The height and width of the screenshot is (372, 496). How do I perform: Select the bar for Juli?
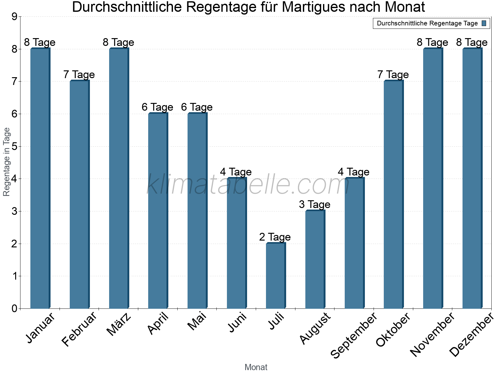click(x=276, y=276)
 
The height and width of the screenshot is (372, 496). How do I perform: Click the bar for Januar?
click(x=40, y=178)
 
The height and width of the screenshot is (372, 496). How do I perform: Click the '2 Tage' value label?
click(x=275, y=237)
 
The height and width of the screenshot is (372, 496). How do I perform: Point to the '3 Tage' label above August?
click(x=315, y=205)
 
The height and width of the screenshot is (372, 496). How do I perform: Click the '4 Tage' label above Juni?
click(x=236, y=172)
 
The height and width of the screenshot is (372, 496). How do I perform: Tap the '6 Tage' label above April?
click(x=157, y=107)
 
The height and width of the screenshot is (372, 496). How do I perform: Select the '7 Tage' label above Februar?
click(x=79, y=75)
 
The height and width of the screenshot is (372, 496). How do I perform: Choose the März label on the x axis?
click(x=119, y=325)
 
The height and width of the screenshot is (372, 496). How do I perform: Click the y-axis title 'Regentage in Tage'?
click(x=7, y=162)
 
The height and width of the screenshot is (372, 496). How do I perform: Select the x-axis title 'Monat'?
click(x=256, y=367)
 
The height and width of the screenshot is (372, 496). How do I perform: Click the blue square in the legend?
click(x=484, y=23)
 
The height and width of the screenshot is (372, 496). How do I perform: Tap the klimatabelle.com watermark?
click(x=248, y=184)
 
